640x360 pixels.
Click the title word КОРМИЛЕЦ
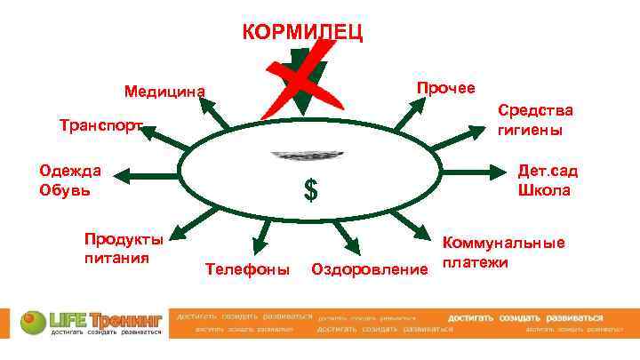pos(301,34)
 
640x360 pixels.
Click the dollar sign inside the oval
pos(311,189)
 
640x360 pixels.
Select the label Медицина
pos(164,91)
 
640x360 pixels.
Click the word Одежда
pos(69,171)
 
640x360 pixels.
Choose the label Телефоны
pos(247,268)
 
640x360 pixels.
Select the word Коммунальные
pos(504,243)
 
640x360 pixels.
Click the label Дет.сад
pos(545,171)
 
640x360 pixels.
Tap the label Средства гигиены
pos(535,119)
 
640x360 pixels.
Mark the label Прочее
pos(446,87)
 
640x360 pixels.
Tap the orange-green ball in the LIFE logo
pos(30,318)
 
